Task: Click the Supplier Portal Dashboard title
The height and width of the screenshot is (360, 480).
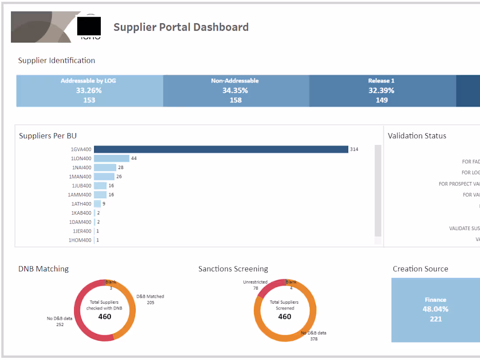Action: (181, 27)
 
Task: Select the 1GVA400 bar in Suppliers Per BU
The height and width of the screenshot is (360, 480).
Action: (221, 149)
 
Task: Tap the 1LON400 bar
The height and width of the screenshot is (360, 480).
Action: (112, 158)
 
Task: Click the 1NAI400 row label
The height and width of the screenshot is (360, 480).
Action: (82, 168)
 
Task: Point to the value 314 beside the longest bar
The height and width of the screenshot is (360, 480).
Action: (354, 149)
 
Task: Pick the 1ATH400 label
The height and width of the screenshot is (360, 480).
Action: (82, 204)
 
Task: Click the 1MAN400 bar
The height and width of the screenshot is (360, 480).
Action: (104, 177)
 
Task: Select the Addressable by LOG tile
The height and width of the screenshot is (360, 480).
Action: (89, 91)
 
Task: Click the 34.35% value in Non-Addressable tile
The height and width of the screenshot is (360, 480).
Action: (235, 91)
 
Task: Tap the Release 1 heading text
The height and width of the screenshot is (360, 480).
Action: (381, 81)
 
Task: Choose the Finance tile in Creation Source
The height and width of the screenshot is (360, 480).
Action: (435, 310)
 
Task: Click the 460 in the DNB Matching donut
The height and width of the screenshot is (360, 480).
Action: (105, 316)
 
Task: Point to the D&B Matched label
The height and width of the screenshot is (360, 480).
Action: (150, 297)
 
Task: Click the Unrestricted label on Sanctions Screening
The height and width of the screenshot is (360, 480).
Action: (255, 282)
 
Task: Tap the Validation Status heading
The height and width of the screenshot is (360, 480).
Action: (417, 136)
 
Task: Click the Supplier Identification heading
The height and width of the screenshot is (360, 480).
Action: (56, 61)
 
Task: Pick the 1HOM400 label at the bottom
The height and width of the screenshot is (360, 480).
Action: (80, 240)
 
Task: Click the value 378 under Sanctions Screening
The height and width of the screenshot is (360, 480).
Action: (313, 339)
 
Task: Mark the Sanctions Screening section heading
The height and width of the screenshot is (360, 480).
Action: (233, 269)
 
